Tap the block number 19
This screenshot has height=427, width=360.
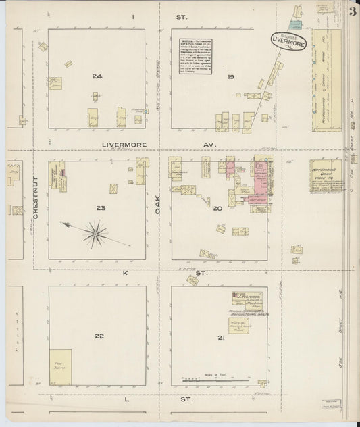coord(230,77)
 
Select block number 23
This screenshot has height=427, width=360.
coord(101,208)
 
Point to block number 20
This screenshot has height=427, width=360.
coord(217,209)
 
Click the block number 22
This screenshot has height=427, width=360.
coord(99,336)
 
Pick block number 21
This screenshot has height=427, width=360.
coord(217,337)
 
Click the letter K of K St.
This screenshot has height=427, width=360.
coord(124,274)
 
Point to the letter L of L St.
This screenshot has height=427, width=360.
coord(127,400)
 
